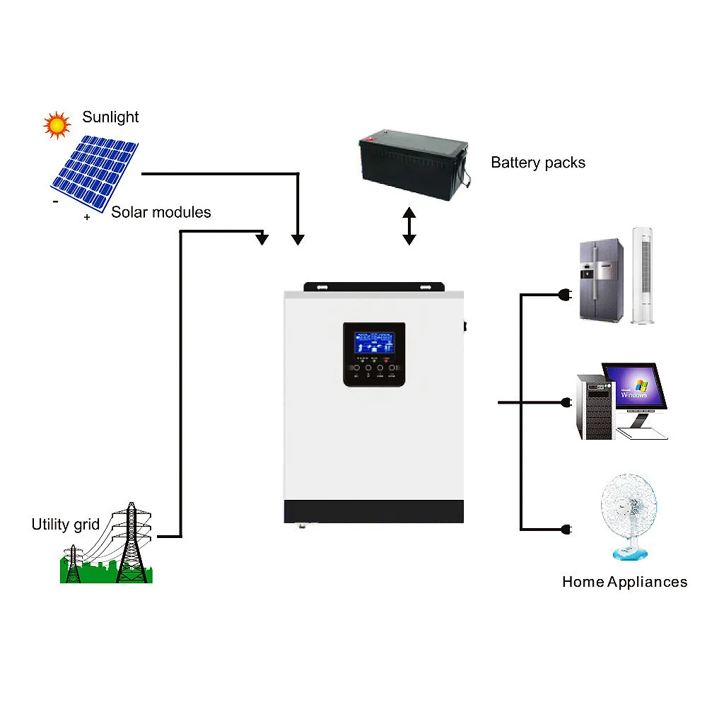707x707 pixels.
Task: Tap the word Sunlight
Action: tap(110, 117)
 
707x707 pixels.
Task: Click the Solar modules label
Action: tap(161, 212)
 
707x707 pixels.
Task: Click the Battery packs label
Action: tap(538, 163)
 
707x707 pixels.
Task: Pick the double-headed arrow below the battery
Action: tap(409, 226)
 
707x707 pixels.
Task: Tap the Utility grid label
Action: tap(66, 525)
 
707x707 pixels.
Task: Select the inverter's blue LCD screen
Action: tap(374, 344)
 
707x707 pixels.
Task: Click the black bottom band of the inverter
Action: tap(374, 511)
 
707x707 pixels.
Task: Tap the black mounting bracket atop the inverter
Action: tap(374, 288)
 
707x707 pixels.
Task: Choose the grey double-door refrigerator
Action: tap(602, 281)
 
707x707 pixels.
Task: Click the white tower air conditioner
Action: tap(642, 275)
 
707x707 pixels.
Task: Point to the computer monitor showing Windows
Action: tap(634, 387)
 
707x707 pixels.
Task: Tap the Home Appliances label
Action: tap(624, 582)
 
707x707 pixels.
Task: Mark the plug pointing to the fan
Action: tap(566, 529)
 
